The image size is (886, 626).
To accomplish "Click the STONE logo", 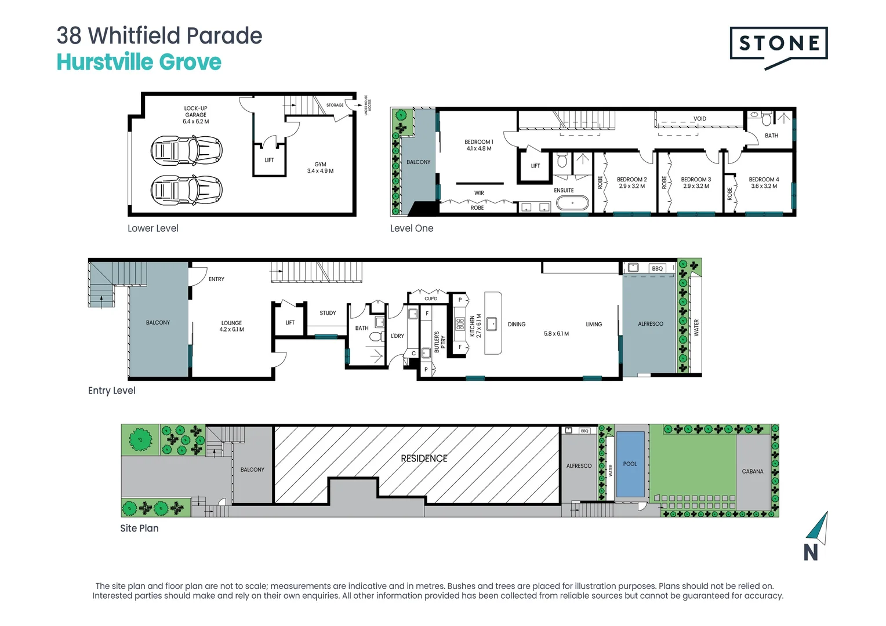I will pos(778,43).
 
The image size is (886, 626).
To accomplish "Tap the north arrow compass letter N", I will pos(811,552).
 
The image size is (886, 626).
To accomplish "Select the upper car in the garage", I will pos(186,151).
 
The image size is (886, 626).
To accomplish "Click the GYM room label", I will pos(320,165).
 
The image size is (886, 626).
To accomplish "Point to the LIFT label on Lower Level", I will pos(269,160).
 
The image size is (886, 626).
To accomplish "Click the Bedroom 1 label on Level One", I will pos(479,142).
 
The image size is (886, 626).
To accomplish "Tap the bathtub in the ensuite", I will pos(572,203).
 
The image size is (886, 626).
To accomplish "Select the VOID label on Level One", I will pos(700,119).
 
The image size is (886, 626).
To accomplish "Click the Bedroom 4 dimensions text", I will pos(764,187).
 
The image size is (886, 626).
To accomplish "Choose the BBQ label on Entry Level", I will pos(657,268).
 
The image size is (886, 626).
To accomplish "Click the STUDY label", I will pos(328,313).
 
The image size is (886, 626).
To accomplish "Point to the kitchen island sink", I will pos(492,323).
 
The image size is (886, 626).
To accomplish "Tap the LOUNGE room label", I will pos(231,323).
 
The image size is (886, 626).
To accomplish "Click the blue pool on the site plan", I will pos(630,464).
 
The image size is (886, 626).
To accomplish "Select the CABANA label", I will pos(753,471).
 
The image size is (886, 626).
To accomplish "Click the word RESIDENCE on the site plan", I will pos(424,458).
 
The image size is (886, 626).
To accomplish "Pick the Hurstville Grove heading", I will pos(139,62).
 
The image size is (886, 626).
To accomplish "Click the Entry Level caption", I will pos(112,391).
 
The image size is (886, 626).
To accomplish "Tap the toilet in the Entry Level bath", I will pos(375,337).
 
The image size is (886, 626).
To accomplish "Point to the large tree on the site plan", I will pos(140,440).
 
